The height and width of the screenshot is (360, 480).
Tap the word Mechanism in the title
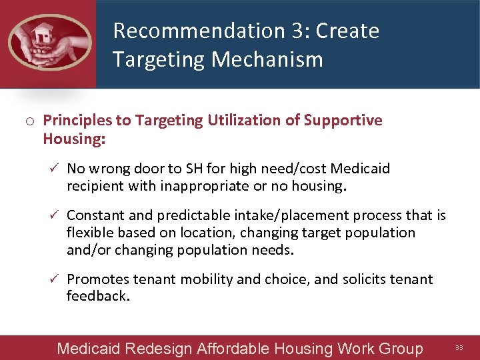[267, 59]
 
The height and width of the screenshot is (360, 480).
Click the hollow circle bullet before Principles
[31, 121]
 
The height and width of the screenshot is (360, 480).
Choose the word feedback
[97, 296]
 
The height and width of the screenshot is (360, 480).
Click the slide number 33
[459, 347]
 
